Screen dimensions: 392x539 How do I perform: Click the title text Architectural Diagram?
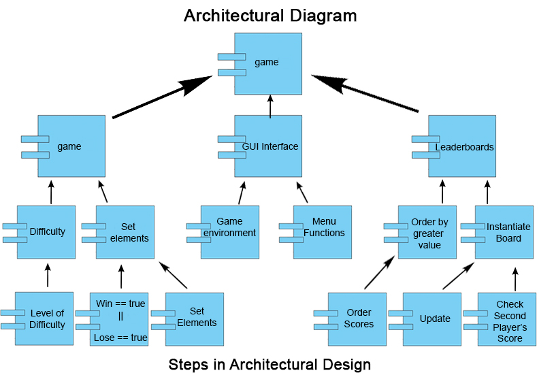click(269, 15)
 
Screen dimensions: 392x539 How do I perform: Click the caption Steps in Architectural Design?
click(269, 365)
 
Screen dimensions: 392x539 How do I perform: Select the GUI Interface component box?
click(268, 146)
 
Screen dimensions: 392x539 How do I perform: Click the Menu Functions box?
click(324, 231)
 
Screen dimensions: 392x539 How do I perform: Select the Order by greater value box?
click(427, 233)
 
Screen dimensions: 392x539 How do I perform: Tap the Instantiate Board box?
click(504, 233)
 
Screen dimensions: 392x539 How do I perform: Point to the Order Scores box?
click(357, 319)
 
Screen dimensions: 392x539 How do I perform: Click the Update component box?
click(432, 319)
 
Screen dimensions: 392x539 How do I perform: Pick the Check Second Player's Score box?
click(507, 319)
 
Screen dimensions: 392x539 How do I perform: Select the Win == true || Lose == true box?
click(119, 319)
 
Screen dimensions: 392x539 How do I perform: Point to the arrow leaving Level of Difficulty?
click(48, 276)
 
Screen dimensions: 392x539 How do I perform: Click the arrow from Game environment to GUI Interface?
click(240, 193)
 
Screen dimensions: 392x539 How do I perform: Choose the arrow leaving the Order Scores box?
click(380, 272)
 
